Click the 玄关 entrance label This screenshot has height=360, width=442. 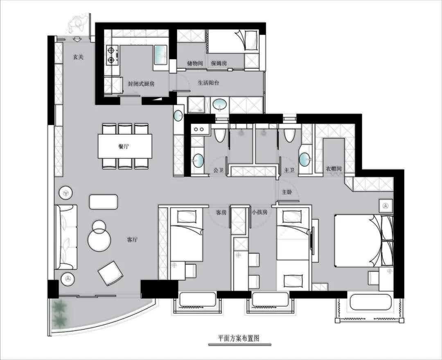point(78,57)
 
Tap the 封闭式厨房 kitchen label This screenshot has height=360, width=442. point(141,84)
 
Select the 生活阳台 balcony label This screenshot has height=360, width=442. point(208,83)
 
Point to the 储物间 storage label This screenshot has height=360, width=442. point(195,63)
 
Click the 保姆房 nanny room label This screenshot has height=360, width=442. point(219,63)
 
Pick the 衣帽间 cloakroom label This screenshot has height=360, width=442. point(334,169)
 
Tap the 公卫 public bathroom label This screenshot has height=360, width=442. point(219,170)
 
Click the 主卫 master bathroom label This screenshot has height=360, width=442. point(289,170)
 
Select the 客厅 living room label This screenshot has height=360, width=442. point(132,240)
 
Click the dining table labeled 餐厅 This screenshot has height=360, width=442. point(125,146)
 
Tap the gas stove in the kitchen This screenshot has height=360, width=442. point(113,56)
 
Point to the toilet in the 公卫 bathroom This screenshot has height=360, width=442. point(220,135)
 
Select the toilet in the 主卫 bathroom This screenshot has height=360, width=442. point(289,135)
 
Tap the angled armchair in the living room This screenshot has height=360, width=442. point(110,273)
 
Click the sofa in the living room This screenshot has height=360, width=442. point(66,237)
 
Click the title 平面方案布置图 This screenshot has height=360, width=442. point(239,338)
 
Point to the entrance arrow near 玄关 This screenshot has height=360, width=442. point(77,39)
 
